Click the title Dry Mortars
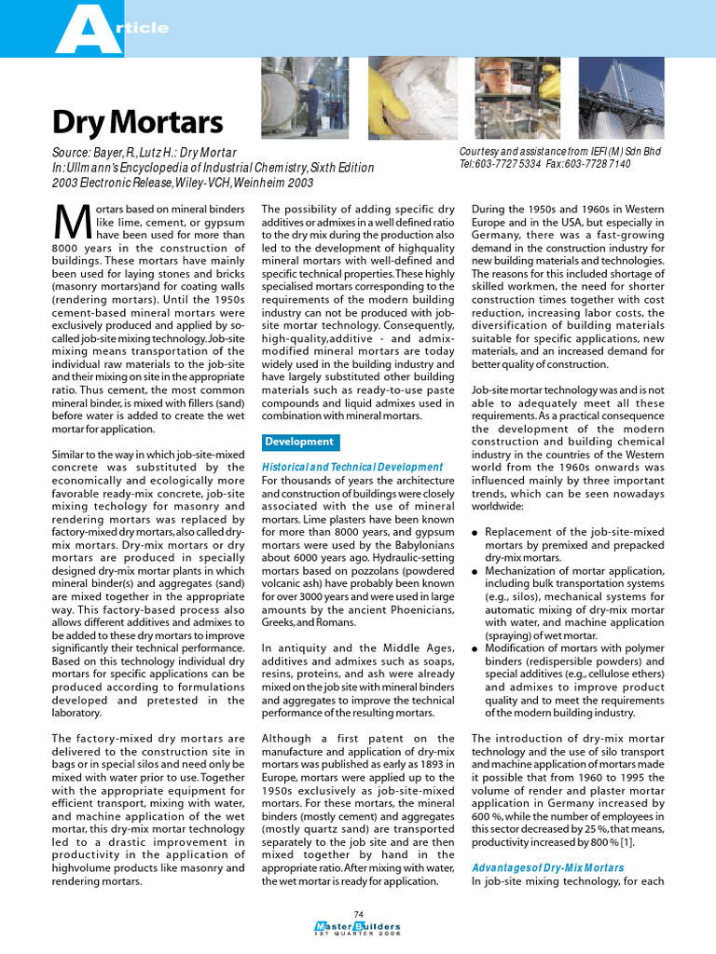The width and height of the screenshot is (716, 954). point(137,122)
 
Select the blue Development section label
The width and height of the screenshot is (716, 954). point(298,442)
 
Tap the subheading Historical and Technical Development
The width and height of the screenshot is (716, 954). point(352,466)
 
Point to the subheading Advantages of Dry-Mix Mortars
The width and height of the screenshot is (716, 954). point(547,867)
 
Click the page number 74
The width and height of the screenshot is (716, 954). point(358,912)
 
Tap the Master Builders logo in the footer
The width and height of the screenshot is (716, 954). point(358,927)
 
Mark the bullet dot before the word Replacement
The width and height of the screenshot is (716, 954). point(475,532)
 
